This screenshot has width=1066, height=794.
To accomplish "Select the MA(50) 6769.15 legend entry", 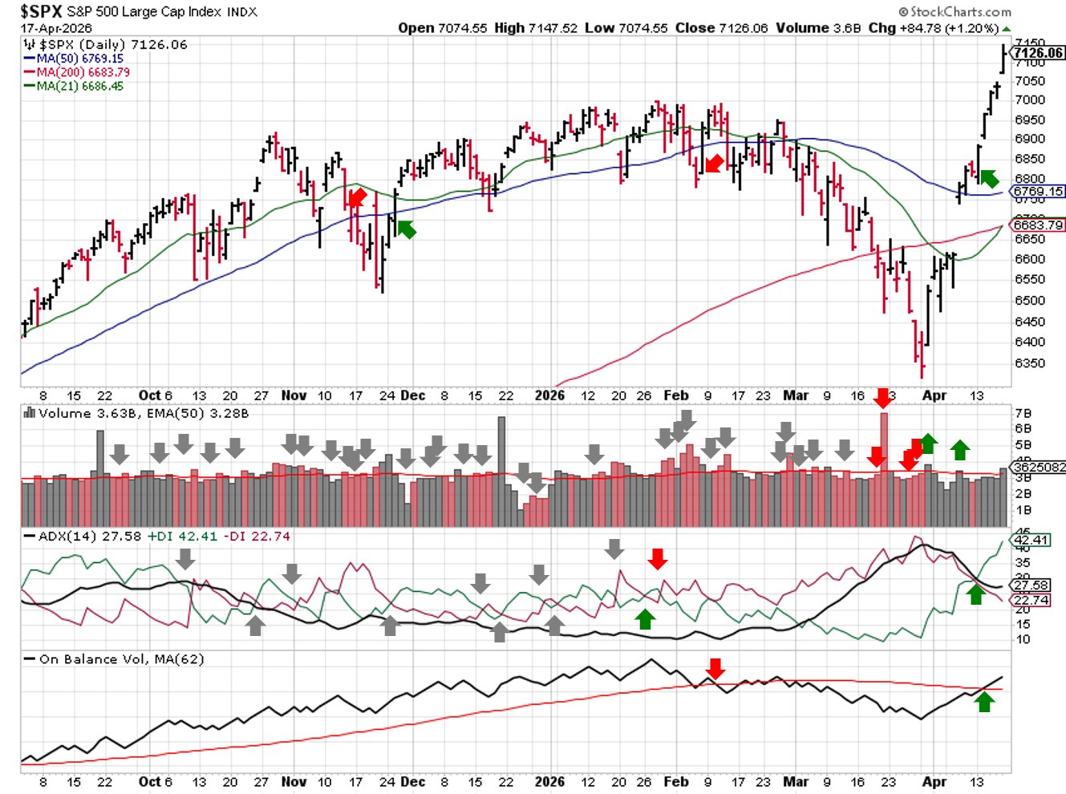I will [79, 59].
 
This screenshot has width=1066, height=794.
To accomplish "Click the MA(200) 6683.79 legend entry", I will [83, 72].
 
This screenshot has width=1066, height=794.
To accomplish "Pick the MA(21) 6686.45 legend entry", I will [79, 86].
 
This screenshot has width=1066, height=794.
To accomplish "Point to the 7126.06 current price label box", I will [1039, 53].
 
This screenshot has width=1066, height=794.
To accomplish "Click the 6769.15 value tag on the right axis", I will [1039, 192].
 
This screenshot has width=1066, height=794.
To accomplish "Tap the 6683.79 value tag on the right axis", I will [1039, 225].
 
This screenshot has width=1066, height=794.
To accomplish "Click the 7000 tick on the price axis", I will [1029, 100].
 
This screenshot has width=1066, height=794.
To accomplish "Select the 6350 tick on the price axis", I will [1029, 363].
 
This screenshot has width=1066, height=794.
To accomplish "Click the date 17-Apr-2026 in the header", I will [57, 28].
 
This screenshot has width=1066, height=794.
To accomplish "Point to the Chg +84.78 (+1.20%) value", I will [934, 28].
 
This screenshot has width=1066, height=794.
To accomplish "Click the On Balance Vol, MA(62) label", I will [121, 659].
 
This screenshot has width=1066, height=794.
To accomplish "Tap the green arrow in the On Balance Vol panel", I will [984, 702].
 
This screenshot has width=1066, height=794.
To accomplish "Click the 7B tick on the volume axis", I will [1023, 414].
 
